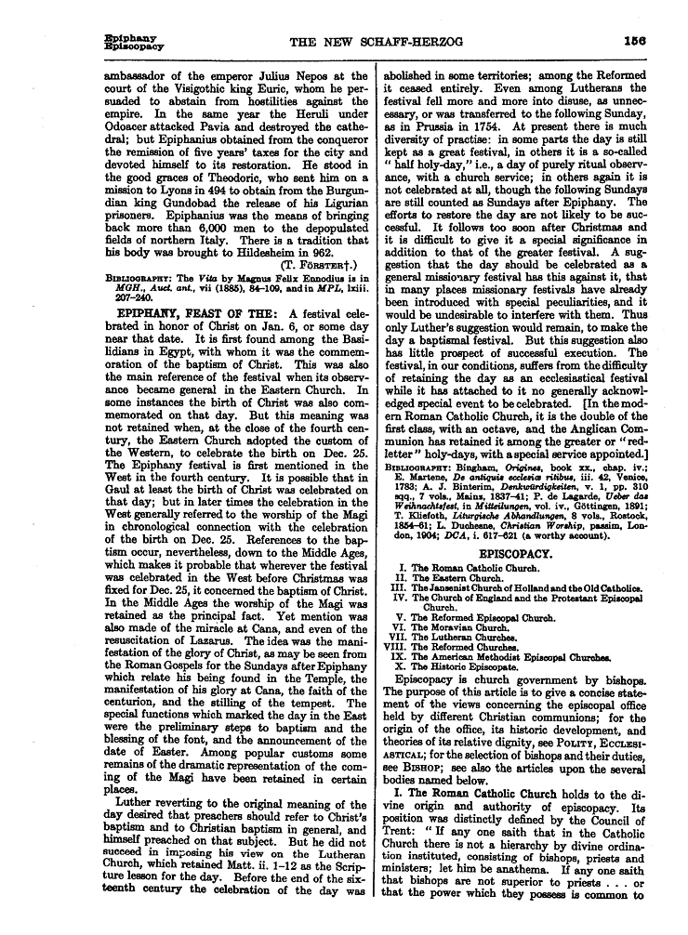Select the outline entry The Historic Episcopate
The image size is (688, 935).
(x=466, y=667)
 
